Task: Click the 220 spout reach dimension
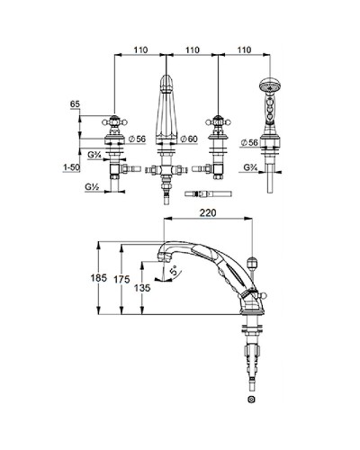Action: [208, 212]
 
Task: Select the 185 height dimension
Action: [99, 278]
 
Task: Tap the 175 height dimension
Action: [121, 280]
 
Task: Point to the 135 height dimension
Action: [142, 288]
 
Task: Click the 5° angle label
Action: [174, 272]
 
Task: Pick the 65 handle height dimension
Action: [75, 104]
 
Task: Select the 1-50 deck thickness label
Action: [72, 167]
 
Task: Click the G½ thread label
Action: [92, 187]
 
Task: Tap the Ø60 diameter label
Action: [189, 139]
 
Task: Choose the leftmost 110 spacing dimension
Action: [140, 49]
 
